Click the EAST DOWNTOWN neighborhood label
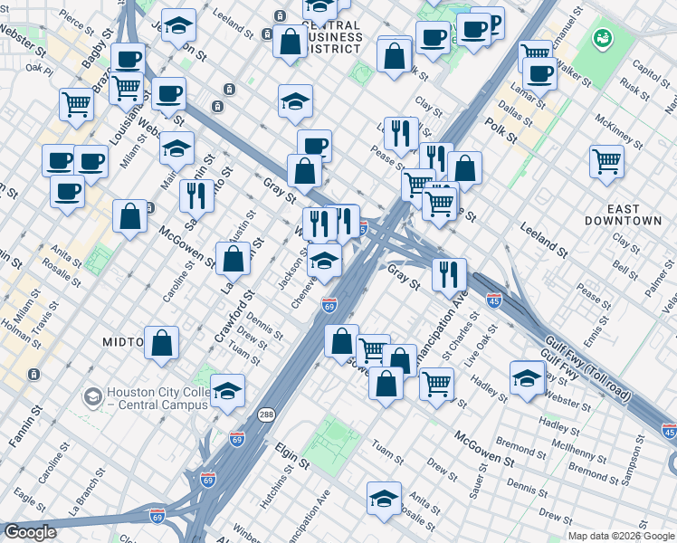(623, 212)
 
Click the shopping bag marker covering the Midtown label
(161, 343)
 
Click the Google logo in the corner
(29, 532)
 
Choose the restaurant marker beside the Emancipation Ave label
(449, 274)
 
